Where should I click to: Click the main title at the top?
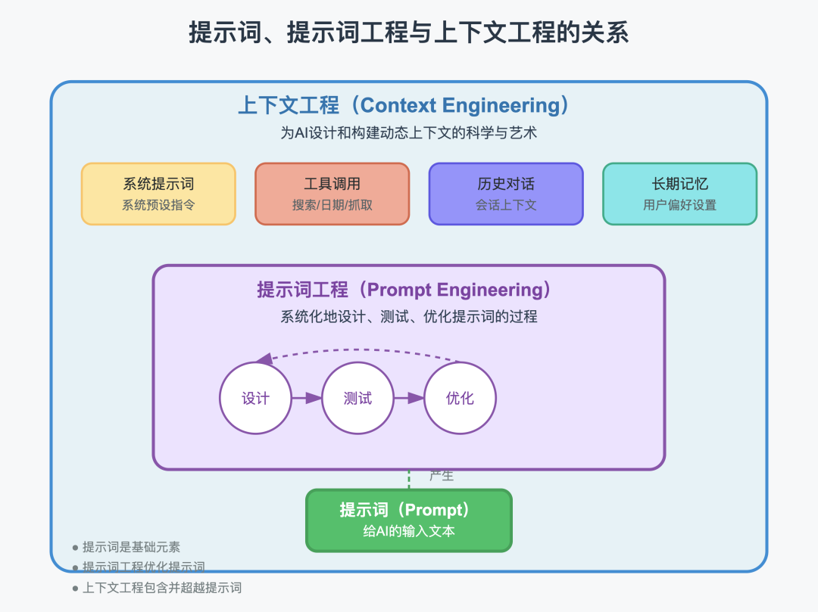(408, 33)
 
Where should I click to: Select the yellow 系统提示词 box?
(158, 194)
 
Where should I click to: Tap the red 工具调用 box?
(332, 194)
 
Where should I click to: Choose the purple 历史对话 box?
(506, 194)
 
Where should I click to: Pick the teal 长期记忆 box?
(679, 194)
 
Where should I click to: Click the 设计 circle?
(256, 398)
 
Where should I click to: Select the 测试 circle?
(358, 398)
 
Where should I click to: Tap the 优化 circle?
(460, 398)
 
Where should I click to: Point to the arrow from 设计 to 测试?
(307, 398)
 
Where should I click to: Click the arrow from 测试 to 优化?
(409, 398)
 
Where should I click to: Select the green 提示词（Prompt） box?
(409, 520)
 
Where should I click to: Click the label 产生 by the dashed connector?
(442, 476)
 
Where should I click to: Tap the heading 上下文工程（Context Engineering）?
(404, 105)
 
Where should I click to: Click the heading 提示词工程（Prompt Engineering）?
(405, 290)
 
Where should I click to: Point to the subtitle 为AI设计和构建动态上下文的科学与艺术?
(409, 132)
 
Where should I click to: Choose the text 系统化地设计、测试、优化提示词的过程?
(409, 317)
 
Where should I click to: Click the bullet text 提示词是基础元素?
(131, 547)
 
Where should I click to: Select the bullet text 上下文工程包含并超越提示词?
(161, 587)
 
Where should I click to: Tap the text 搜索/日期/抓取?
(332, 205)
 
